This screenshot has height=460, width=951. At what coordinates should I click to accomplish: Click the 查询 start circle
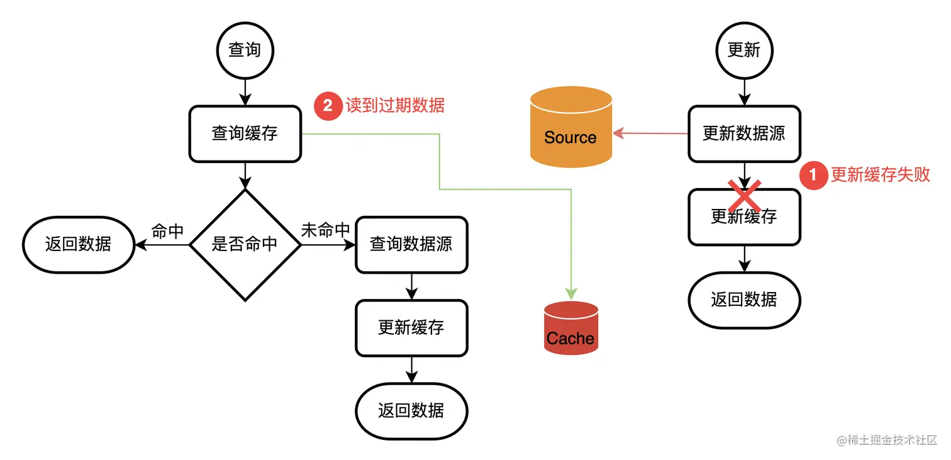tap(245, 50)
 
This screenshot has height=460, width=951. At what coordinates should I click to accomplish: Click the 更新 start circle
tap(744, 50)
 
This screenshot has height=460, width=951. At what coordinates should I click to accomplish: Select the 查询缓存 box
tap(245, 133)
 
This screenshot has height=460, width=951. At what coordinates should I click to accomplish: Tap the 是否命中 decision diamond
tap(245, 244)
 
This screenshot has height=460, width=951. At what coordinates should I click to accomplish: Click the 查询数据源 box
tap(411, 244)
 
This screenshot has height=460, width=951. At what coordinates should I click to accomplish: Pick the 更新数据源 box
tap(744, 133)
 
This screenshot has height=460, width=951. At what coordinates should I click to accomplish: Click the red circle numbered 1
tap(813, 175)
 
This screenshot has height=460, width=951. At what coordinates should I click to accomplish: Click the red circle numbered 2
tap(328, 106)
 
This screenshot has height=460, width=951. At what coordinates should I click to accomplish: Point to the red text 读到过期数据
tap(395, 106)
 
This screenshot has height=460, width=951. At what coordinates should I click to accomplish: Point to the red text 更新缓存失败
tap(880, 175)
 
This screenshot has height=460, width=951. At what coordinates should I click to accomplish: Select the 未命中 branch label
tap(325, 230)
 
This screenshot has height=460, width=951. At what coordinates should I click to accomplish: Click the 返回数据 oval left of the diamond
tap(79, 244)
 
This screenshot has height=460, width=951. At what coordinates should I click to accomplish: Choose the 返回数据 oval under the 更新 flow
tap(744, 300)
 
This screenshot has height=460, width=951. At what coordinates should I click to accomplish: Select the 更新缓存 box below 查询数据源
tap(411, 327)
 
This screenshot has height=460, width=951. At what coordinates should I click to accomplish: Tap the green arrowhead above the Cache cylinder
tap(570, 293)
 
